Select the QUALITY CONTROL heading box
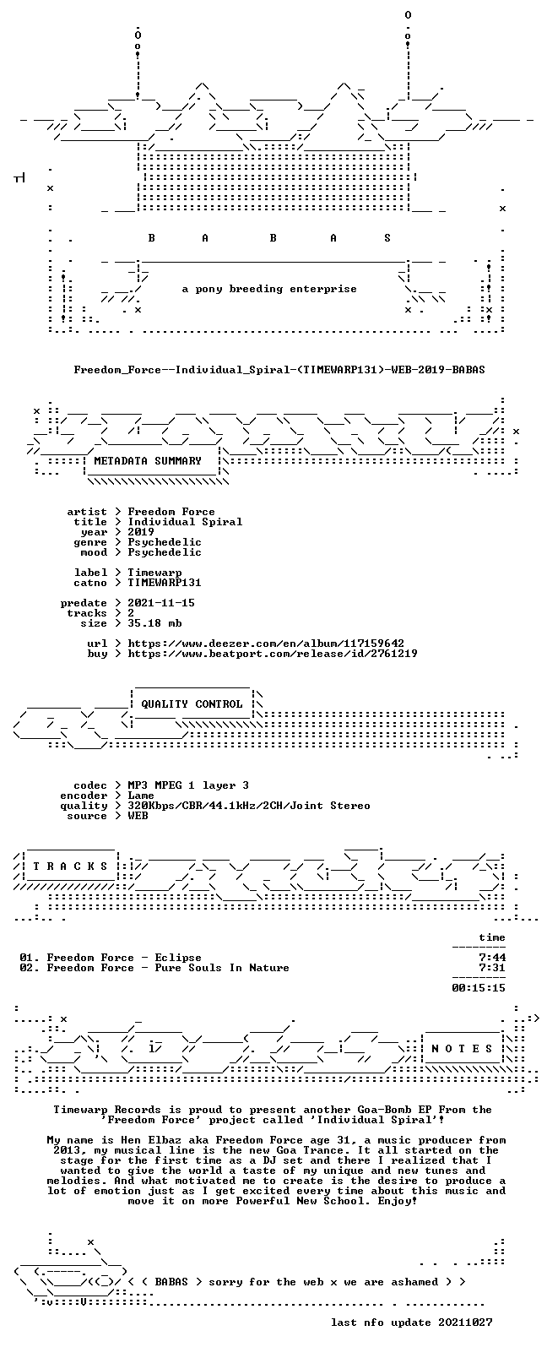coord(192,703)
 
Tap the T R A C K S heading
coord(70,866)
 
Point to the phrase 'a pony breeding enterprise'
coord(269,289)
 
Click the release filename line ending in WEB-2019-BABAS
coord(279,369)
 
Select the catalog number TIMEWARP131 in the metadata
coord(164,583)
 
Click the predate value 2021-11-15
coord(161,603)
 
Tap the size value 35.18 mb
coord(154,623)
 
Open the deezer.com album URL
coord(266,644)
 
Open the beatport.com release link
coord(273,654)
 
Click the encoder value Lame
coord(140,796)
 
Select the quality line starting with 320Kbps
coord(249,806)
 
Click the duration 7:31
coord(492,968)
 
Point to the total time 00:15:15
coord(479,988)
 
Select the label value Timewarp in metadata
coord(154,573)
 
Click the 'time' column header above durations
coord(492,937)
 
